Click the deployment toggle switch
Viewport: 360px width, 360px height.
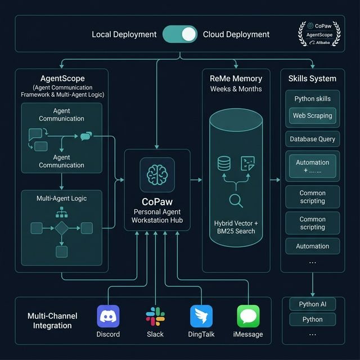(x=180, y=34)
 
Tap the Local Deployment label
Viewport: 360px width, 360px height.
(x=124, y=34)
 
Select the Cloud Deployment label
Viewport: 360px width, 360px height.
(x=236, y=34)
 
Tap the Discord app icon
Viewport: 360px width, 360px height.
(x=108, y=316)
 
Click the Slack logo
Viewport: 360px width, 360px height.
(x=155, y=316)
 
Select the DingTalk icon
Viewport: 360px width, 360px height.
(x=201, y=316)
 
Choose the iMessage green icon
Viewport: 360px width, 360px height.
(x=248, y=316)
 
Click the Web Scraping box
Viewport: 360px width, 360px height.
(x=312, y=116)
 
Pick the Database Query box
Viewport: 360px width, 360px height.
(x=312, y=139)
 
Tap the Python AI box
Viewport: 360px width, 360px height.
(x=312, y=304)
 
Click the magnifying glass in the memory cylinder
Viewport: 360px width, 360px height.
(x=236, y=200)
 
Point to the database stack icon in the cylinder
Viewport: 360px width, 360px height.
(x=224, y=164)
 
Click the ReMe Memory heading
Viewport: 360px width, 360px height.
(x=236, y=78)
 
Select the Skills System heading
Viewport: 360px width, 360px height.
(x=312, y=78)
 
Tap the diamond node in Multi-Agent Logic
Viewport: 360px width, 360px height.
(x=61, y=228)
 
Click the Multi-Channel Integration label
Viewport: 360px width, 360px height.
(x=52, y=321)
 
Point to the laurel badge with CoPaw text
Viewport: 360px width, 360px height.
(x=319, y=34)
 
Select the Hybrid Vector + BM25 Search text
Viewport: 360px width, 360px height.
(x=236, y=227)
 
